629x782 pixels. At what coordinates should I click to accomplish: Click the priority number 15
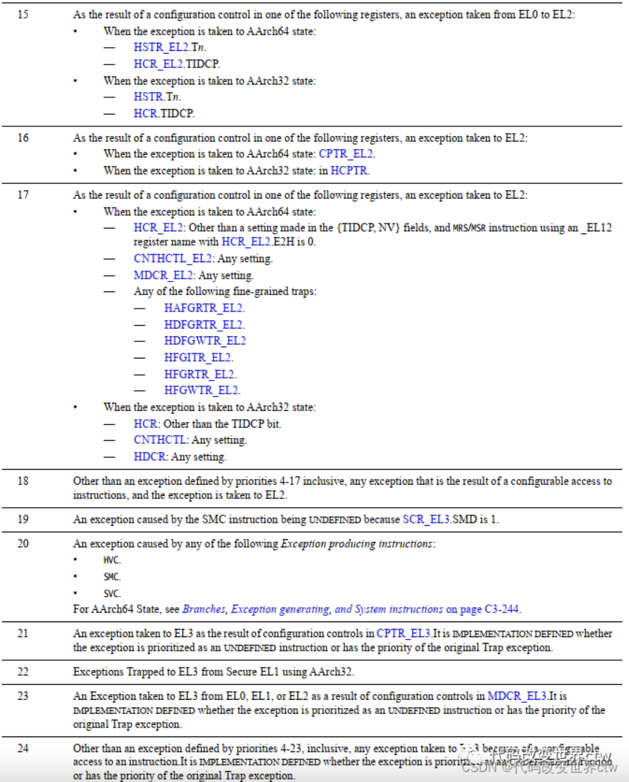point(23,14)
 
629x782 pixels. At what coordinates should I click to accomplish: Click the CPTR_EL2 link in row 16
point(346,154)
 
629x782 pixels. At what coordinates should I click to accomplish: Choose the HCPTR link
point(349,171)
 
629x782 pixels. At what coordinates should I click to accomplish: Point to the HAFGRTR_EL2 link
point(203,308)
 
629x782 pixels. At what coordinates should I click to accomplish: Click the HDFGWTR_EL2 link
point(205,341)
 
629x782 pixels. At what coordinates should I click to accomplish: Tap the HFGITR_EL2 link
point(198,357)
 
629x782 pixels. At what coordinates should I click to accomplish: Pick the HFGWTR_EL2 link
point(201,390)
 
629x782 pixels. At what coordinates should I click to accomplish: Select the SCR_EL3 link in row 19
point(426,519)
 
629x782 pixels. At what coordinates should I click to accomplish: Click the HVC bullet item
point(112,560)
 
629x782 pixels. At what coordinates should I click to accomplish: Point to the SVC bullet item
point(112,593)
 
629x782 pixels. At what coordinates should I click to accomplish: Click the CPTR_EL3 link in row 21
point(403,633)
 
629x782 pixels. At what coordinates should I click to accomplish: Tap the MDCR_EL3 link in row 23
point(517,696)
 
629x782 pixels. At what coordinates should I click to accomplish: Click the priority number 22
point(23,672)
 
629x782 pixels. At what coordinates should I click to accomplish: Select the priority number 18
point(23,481)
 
